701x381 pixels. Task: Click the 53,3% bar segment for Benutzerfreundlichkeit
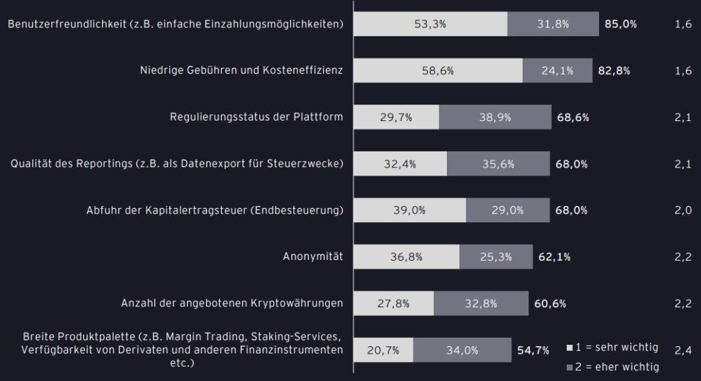(431, 24)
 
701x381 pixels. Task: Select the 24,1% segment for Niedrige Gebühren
(557, 70)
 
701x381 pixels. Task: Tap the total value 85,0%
(621, 24)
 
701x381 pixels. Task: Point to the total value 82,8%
(613, 70)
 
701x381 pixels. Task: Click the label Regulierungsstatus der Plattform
(256, 117)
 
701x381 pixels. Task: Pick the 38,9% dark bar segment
(495, 117)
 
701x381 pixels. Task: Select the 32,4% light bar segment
(400, 164)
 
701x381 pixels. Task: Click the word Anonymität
(313, 257)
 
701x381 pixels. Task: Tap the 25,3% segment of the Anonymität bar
(496, 257)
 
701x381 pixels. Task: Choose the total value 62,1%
(555, 257)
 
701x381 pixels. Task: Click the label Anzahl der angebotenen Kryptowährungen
(231, 303)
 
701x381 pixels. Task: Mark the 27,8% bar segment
(394, 304)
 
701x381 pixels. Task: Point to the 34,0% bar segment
(462, 350)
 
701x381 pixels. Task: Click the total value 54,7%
(533, 350)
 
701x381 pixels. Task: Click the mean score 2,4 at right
(682, 350)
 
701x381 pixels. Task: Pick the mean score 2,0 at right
(682, 210)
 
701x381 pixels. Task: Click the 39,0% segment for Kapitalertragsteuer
(410, 211)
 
